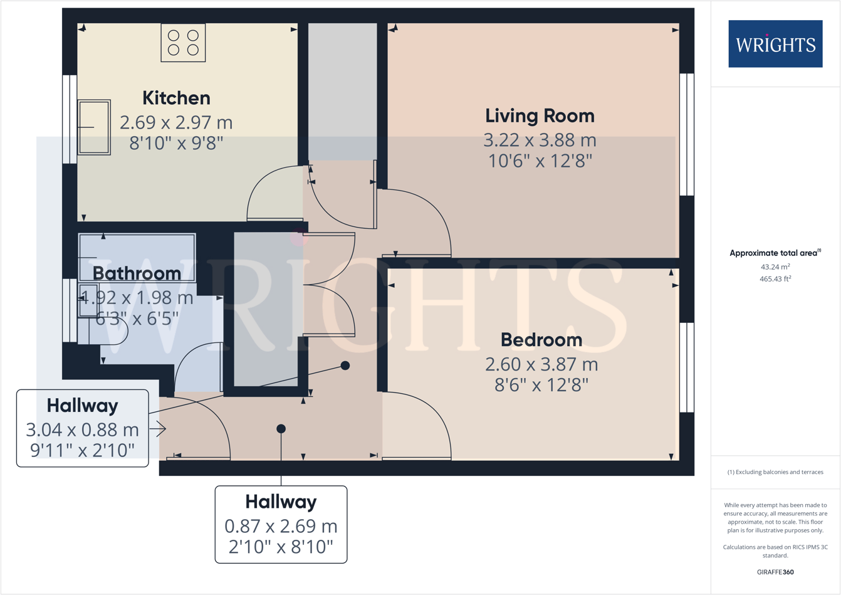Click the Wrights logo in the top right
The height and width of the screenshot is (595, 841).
(x=775, y=44)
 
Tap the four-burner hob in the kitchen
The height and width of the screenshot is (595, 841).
(x=183, y=43)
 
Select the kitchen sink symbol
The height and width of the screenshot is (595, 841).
(x=94, y=127)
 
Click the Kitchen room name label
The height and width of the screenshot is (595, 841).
(x=176, y=98)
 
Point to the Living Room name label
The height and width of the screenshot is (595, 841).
(x=540, y=116)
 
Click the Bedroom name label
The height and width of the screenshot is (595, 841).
(x=541, y=340)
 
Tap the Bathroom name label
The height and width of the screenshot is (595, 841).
(x=137, y=273)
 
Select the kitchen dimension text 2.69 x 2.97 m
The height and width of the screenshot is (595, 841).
(x=176, y=122)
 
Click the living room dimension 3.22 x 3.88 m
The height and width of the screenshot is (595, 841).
(x=540, y=140)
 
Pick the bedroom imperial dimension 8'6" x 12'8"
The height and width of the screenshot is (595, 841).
(x=541, y=384)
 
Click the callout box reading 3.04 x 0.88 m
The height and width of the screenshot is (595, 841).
(x=82, y=428)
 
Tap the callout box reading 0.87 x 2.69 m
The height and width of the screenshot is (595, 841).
(x=281, y=525)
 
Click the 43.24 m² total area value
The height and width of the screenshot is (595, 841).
(x=775, y=266)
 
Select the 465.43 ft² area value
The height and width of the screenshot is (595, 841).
(x=775, y=279)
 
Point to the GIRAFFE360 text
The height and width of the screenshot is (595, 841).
(x=775, y=572)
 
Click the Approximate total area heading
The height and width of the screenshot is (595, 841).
(x=775, y=253)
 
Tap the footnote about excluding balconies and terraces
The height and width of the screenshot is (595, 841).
(x=775, y=472)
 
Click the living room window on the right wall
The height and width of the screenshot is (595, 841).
(x=687, y=134)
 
